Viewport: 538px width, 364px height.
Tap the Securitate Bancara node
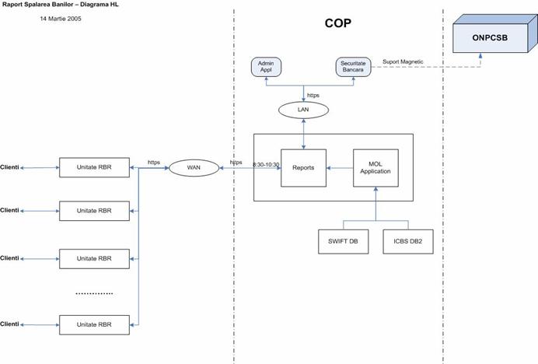click(353, 67)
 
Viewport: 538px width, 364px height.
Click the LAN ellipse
click(303, 110)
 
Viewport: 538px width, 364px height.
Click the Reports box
click(302, 167)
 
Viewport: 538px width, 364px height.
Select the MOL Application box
click(376, 167)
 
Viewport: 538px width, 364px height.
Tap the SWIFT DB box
click(343, 241)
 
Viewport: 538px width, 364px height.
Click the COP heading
click(338, 23)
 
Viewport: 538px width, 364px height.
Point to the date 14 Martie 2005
click(61, 19)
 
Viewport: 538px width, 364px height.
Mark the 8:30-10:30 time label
click(266, 164)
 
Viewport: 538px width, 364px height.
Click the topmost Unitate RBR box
click(94, 166)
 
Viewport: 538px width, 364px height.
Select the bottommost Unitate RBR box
click(94, 324)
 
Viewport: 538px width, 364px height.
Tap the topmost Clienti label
click(10, 166)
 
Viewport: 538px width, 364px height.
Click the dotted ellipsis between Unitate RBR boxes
click(94, 293)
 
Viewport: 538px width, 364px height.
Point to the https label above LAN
click(313, 95)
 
